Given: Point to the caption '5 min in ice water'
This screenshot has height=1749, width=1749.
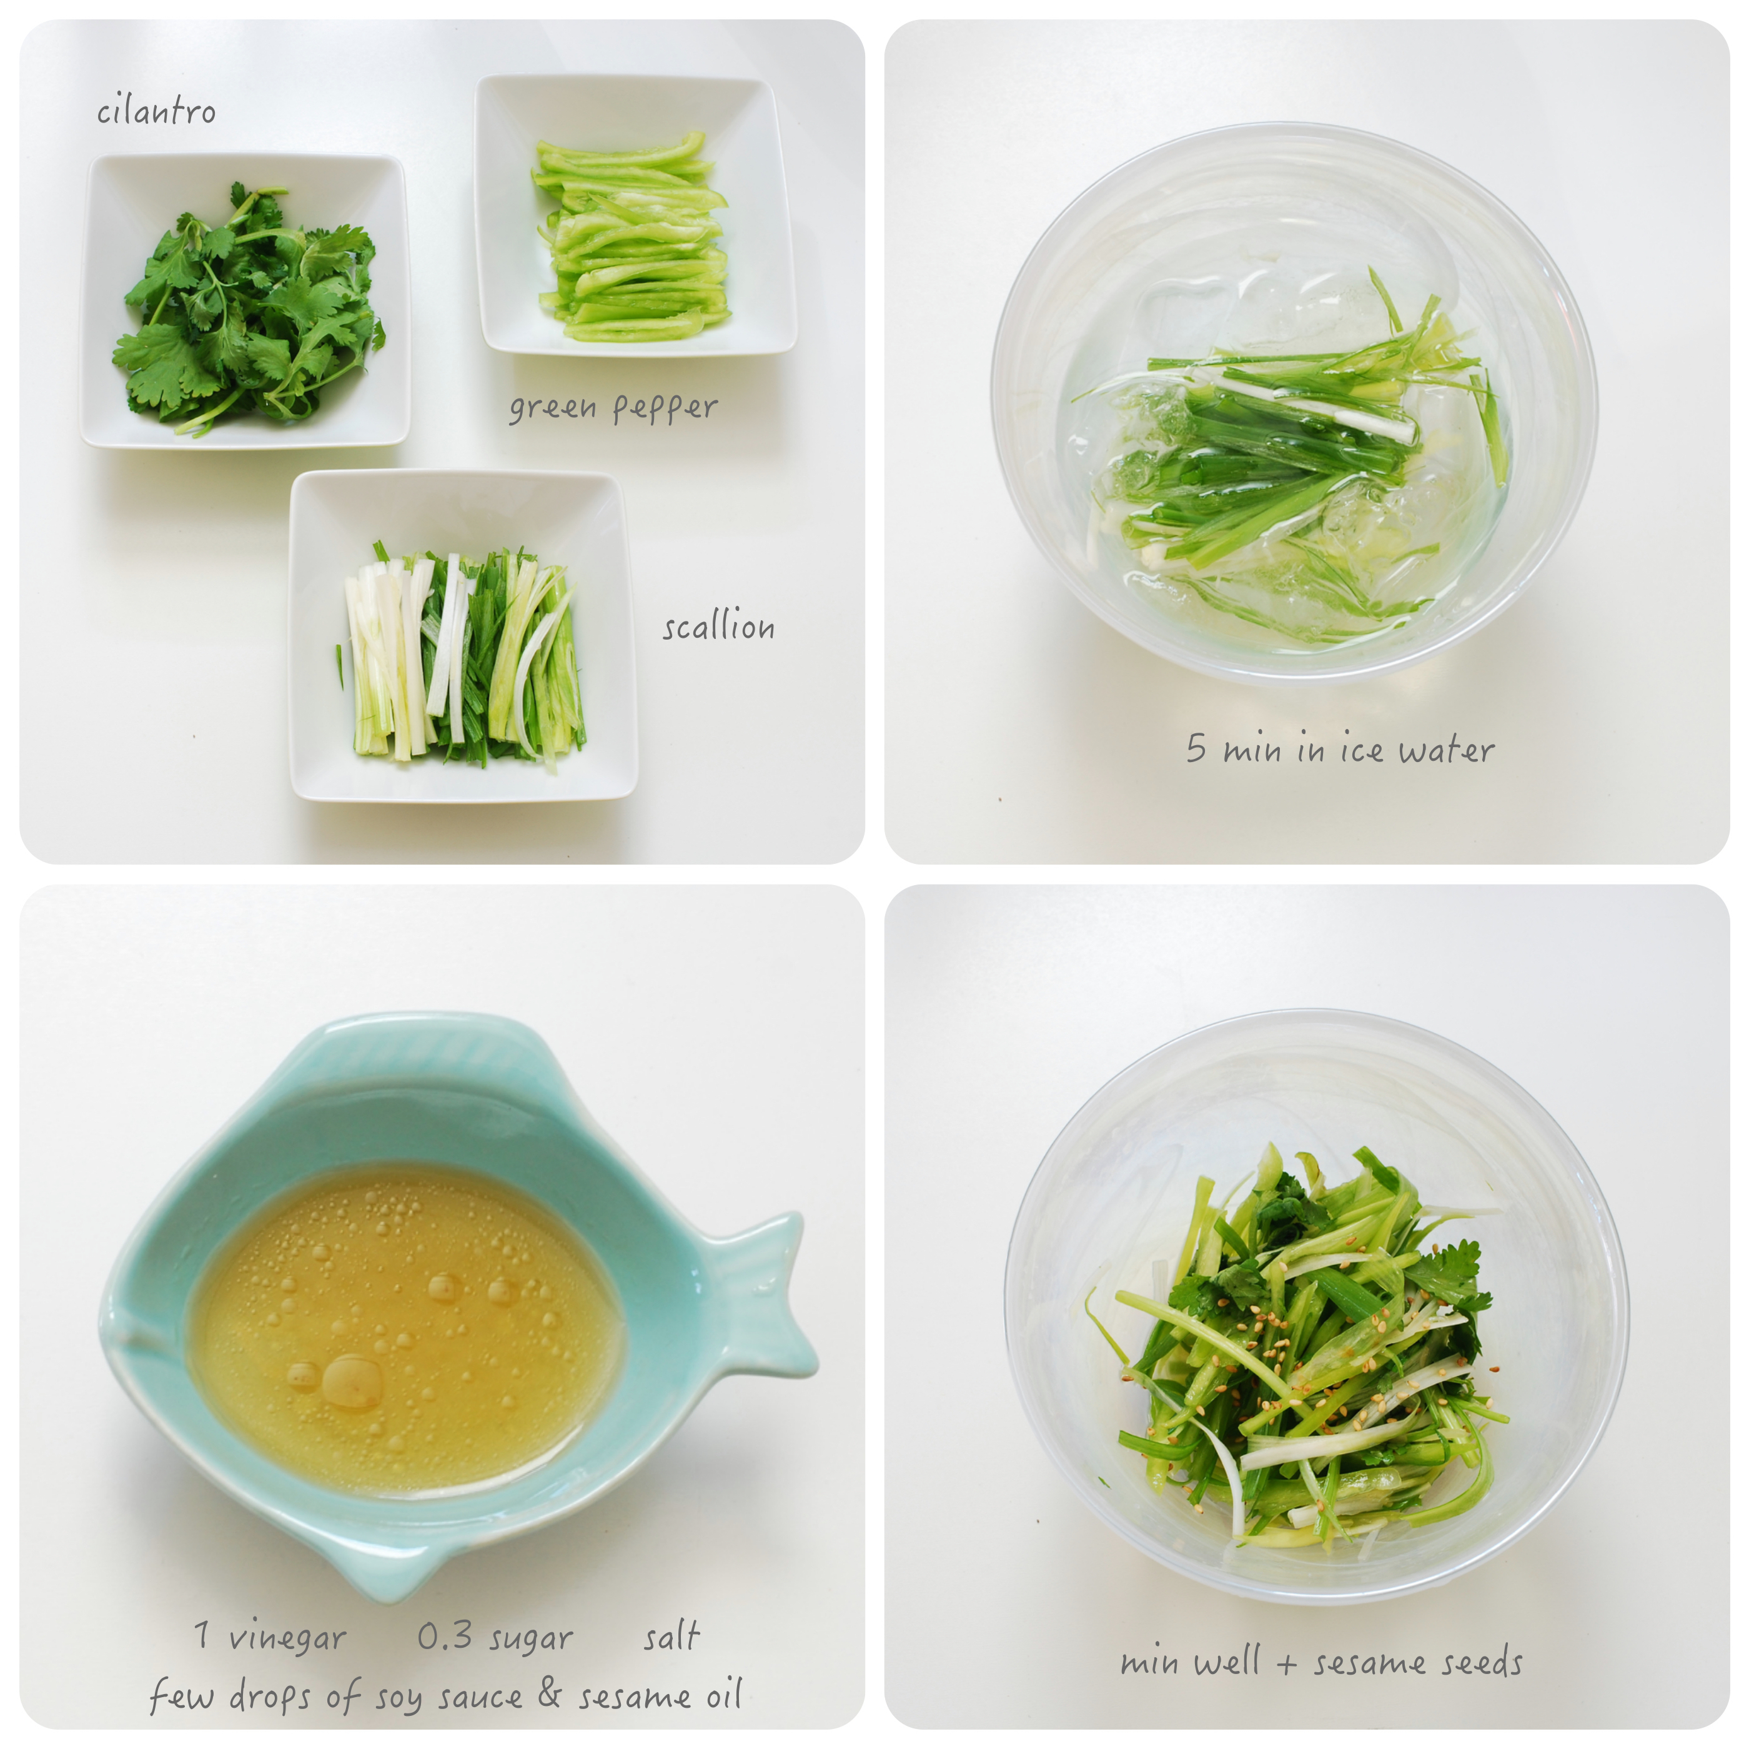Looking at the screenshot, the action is [x=1340, y=750].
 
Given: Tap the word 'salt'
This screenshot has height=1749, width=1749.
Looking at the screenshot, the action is [x=671, y=1635].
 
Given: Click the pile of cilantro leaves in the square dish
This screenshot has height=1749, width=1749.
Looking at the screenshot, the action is [x=250, y=308].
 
